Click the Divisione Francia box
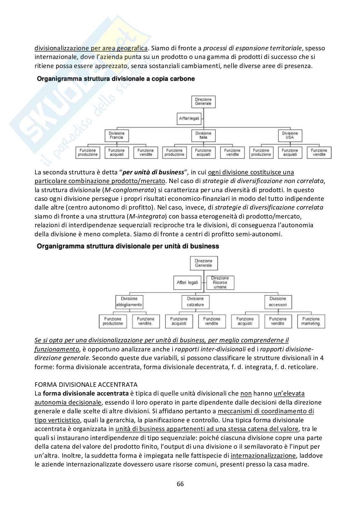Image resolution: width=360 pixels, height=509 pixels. point(116,135)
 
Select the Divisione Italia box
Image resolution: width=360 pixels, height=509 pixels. point(203,135)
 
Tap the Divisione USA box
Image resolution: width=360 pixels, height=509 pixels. point(290,135)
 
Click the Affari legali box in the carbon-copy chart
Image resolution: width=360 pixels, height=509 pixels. point(189,119)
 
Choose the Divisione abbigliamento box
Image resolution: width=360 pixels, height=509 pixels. point(129,302)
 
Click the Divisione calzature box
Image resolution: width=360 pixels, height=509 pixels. point(195,302)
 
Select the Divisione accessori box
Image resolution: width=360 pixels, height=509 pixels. point(278,302)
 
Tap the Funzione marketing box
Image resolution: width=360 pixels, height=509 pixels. point(311,321)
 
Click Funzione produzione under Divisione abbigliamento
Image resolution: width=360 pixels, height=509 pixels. point(113,321)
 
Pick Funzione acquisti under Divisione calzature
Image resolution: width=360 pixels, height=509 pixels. point(179,321)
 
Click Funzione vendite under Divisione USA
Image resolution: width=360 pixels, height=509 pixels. point(319,152)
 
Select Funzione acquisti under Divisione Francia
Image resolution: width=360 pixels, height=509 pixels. point(116,152)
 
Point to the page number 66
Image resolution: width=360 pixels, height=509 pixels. point(180,484)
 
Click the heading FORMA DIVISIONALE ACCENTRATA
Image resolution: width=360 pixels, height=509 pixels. point(86,385)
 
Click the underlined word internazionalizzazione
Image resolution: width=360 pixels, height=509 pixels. point(263,456)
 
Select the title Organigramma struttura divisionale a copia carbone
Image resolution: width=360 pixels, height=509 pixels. point(116,79)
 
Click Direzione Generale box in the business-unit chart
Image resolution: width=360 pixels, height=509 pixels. point(204,263)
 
